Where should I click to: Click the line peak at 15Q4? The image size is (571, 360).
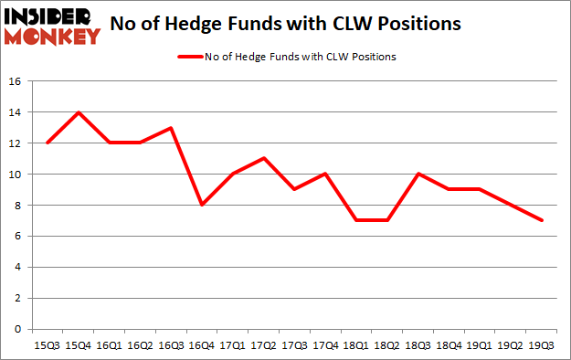(79, 112)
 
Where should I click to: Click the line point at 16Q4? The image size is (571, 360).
(202, 205)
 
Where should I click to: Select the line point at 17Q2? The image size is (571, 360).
(264, 158)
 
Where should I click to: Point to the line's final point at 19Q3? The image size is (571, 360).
(542, 220)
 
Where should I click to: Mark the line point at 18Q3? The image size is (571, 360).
(418, 174)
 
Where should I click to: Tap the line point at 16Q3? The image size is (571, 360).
(171, 128)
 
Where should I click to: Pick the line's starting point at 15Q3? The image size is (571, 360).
(48, 143)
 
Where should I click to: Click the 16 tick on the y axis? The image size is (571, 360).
(16, 81)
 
